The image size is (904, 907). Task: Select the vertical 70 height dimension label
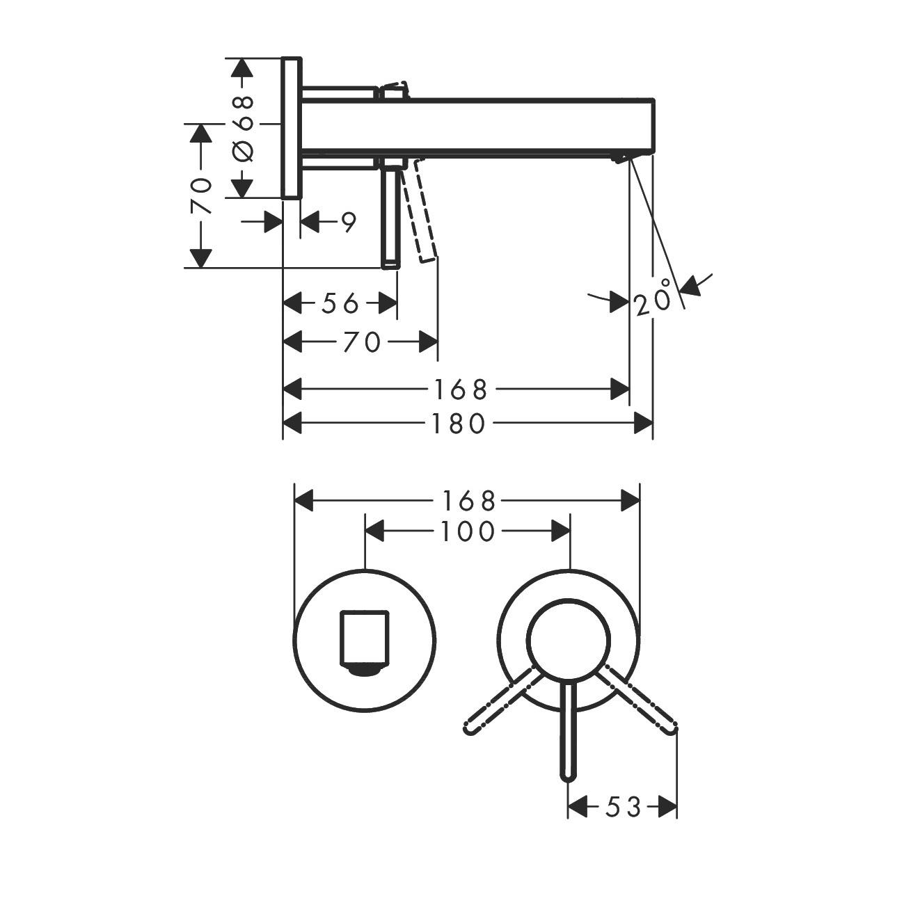[201, 195]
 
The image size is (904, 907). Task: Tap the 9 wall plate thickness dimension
[347, 223]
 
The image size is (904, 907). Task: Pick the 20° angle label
[653, 298]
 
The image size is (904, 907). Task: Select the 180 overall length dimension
[456, 423]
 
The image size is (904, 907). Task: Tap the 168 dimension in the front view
[467, 500]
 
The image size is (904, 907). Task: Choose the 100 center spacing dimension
[467, 532]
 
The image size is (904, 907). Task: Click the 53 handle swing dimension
[622, 807]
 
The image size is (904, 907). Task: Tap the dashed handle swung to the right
[639, 700]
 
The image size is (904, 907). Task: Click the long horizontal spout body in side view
[515, 125]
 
